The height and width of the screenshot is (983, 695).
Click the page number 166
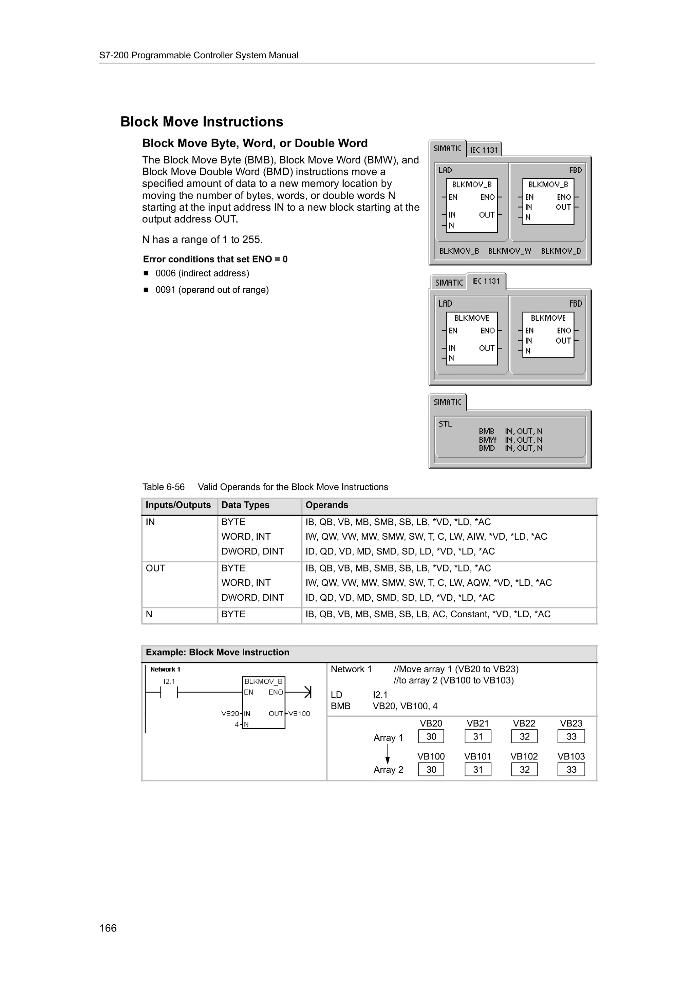[108, 928]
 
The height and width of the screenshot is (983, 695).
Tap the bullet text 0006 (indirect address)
[202, 273]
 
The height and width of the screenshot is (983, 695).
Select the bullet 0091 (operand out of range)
[212, 290]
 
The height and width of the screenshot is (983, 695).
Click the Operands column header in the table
[327, 505]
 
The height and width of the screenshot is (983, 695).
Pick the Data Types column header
[245, 505]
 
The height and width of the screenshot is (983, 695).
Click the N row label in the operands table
[149, 614]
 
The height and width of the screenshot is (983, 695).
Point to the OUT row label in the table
[155, 568]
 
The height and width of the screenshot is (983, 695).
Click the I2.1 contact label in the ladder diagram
[169, 681]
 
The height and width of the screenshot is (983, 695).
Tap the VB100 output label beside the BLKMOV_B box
[299, 714]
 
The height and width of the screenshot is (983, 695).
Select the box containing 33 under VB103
[571, 769]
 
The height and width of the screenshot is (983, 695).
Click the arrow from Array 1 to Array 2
[388, 753]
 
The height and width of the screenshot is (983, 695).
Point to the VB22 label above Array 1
[524, 724]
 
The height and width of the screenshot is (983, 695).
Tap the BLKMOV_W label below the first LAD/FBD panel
[509, 251]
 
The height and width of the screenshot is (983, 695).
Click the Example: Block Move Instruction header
[218, 653]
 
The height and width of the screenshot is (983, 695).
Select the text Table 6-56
[163, 487]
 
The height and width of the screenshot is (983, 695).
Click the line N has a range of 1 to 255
[202, 240]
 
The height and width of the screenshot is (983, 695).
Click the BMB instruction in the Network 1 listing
[340, 706]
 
